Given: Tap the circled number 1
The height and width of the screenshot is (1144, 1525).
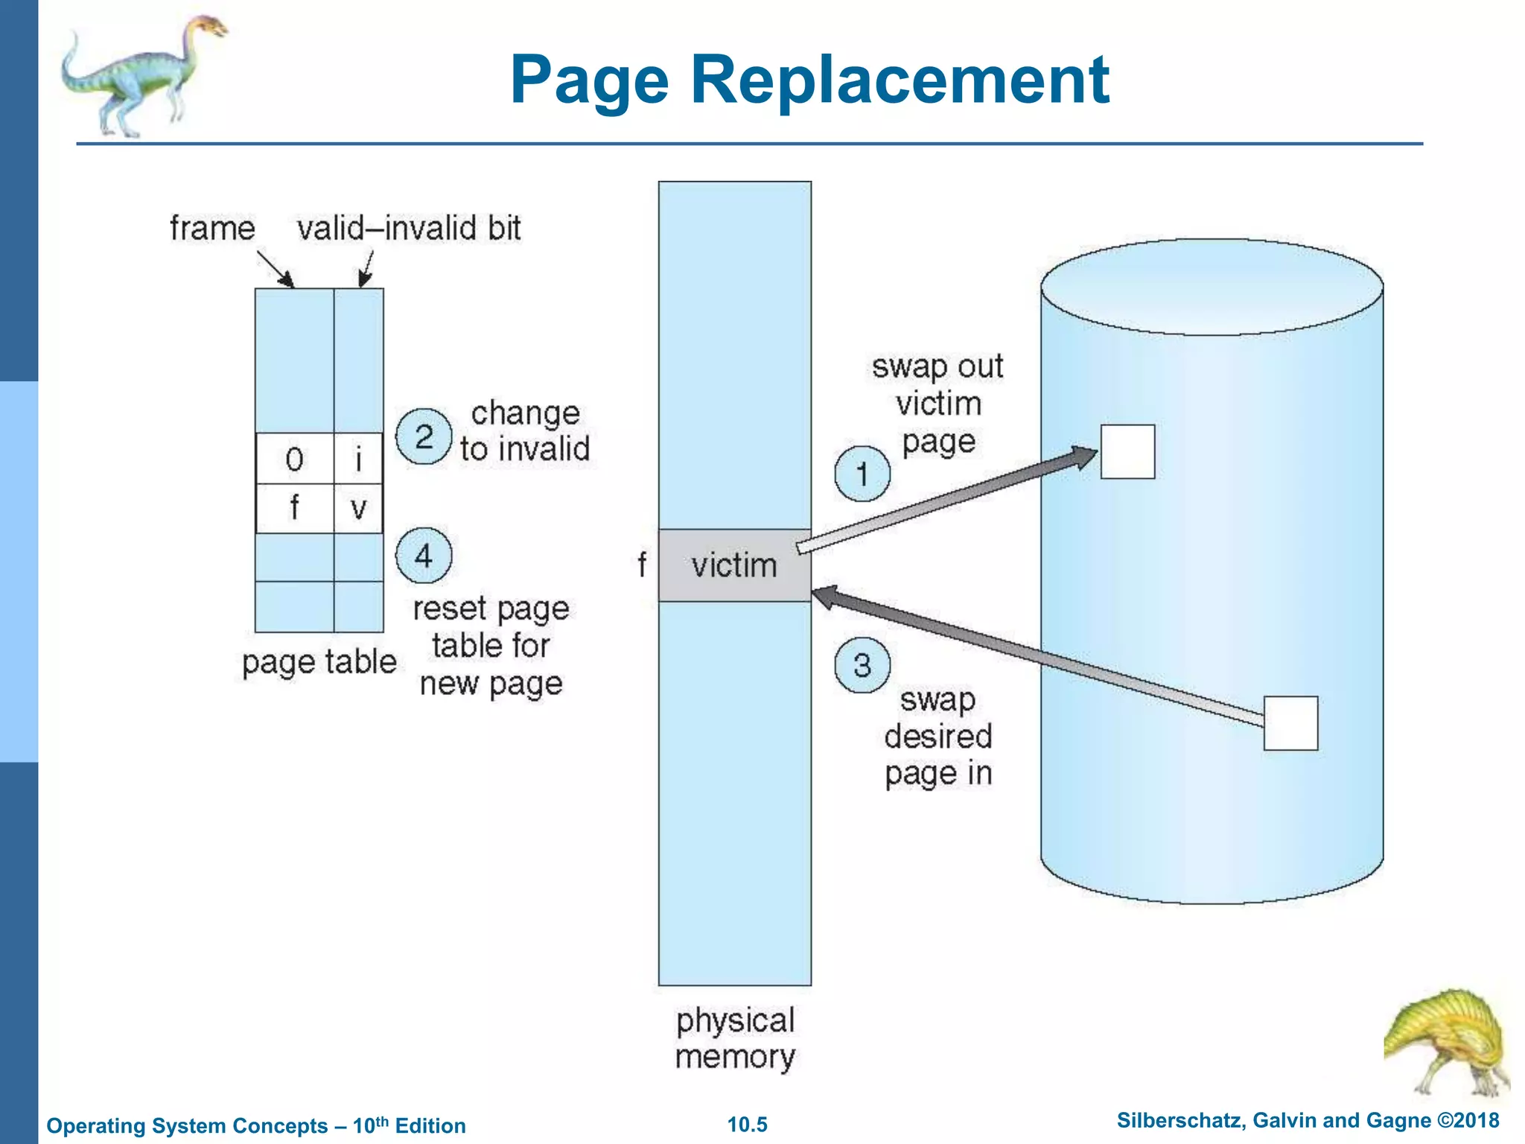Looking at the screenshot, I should [x=862, y=474].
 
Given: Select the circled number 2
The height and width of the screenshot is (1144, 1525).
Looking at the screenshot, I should [x=423, y=436].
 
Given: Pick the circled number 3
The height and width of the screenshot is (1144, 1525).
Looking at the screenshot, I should [x=862, y=665].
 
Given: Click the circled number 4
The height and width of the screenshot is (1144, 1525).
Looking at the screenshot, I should [x=423, y=556].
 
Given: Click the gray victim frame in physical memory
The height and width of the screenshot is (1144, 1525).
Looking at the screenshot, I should [x=734, y=565].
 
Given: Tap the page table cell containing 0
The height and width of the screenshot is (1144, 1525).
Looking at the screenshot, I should [x=294, y=459].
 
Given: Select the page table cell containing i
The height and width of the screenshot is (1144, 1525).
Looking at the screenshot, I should [x=358, y=459].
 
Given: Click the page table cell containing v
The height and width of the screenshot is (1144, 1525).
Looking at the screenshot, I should [x=358, y=509].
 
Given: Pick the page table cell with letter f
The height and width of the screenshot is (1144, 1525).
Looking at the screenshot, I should [x=294, y=509].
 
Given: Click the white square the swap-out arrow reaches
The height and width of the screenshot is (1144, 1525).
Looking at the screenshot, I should [x=1127, y=452].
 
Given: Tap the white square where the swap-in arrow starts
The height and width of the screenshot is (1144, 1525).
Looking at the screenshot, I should [x=1290, y=723].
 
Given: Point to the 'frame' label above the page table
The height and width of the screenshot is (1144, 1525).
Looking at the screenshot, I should [x=212, y=228].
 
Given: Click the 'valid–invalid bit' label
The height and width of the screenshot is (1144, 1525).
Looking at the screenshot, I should [x=409, y=228].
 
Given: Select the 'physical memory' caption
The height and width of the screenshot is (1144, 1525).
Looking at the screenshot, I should [x=735, y=1038].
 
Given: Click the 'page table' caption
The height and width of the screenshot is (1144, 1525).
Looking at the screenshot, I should [x=319, y=662].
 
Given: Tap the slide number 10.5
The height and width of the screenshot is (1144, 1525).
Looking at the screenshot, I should [x=747, y=1125].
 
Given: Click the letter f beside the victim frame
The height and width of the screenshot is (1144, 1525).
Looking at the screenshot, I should [x=641, y=565].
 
